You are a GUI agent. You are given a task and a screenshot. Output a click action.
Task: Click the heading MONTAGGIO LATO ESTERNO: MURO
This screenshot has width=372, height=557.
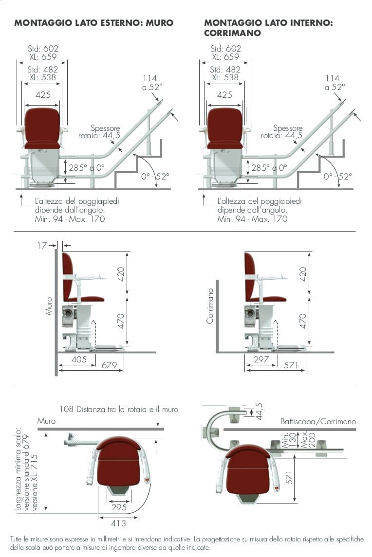[x=93, y=23]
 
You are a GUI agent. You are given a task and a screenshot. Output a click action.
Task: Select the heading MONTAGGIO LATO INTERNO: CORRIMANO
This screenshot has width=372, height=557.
[x=268, y=28]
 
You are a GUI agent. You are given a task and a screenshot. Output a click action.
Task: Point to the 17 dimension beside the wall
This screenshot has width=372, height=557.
[x=42, y=245]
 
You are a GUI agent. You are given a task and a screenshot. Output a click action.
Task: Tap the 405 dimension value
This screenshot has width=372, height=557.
[x=79, y=359]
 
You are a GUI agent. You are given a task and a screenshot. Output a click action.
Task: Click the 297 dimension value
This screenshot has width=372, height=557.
[x=261, y=359]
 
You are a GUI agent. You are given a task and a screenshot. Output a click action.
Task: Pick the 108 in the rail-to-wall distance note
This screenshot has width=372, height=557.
[x=66, y=409]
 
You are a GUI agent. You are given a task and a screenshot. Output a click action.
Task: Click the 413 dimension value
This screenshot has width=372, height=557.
[x=118, y=523]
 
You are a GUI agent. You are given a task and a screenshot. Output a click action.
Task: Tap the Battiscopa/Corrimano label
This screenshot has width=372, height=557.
[x=318, y=421]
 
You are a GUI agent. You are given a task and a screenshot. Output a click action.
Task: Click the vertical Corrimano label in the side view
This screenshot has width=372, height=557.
[x=210, y=306]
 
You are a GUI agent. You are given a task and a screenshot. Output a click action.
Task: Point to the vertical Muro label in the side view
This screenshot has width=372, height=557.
[x=49, y=306]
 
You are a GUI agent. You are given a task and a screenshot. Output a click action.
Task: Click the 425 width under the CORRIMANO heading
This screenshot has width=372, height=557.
[x=224, y=95]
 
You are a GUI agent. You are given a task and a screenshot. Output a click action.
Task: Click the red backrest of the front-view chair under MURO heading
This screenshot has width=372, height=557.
[x=42, y=124]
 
